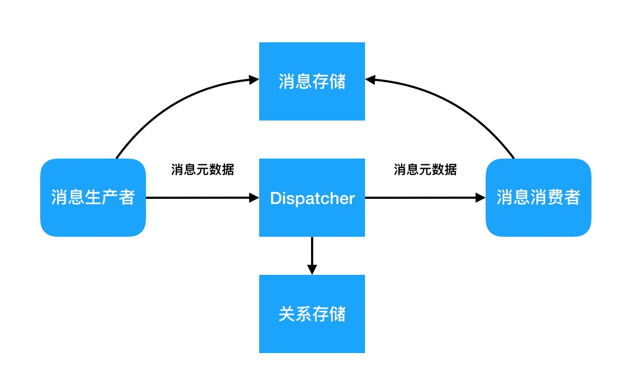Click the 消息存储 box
pos(312,81)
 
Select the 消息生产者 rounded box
pos(93,198)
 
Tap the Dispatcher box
pos(312,198)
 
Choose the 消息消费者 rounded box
pos(538,198)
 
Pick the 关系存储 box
pos(312,314)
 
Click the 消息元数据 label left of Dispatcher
pos(203,170)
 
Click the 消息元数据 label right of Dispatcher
pos(425,170)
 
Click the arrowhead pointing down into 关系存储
pos(312,269)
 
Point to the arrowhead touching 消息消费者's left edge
pos(480,198)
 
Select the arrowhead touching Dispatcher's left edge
pos(253,198)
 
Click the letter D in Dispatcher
pos(276,198)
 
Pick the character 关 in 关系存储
pos(286,314)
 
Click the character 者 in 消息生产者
pos(127,198)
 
